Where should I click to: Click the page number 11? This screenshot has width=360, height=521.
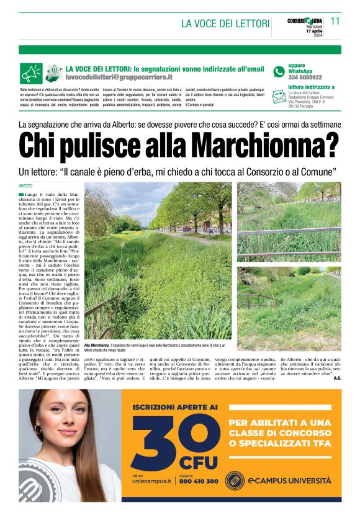click(335, 21)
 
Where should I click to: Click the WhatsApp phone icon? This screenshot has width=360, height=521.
click(279, 72)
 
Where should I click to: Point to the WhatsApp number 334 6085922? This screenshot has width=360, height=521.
click(305, 78)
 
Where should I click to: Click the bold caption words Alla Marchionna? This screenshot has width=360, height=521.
click(96, 344)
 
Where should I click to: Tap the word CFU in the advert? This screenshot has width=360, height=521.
click(198, 462)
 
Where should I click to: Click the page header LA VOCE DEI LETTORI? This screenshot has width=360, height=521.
click(225, 24)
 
